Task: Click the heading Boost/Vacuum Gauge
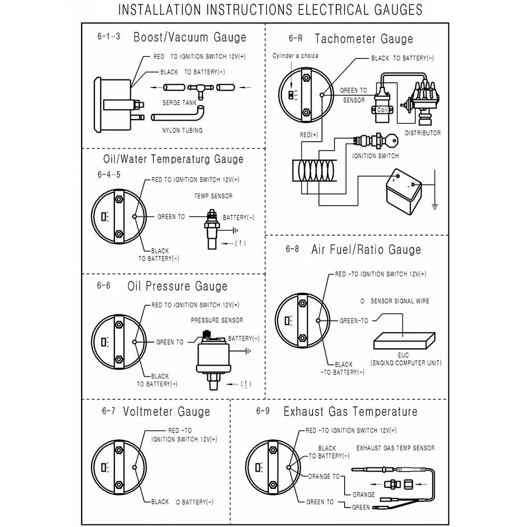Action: click(x=189, y=37)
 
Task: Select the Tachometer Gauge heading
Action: click(x=364, y=38)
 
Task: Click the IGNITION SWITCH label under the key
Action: click(x=375, y=156)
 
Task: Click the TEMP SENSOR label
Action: click(x=213, y=196)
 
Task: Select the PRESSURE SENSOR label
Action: click(x=217, y=320)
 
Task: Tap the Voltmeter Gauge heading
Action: click(x=166, y=412)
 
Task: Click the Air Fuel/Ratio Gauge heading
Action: click(x=366, y=249)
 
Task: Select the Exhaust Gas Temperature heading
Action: click(x=350, y=412)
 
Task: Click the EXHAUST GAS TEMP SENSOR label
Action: click(x=395, y=448)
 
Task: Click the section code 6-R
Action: click(x=296, y=38)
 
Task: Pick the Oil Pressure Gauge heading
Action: click(x=177, y=286)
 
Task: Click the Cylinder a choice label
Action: click(x=295, y=56)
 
